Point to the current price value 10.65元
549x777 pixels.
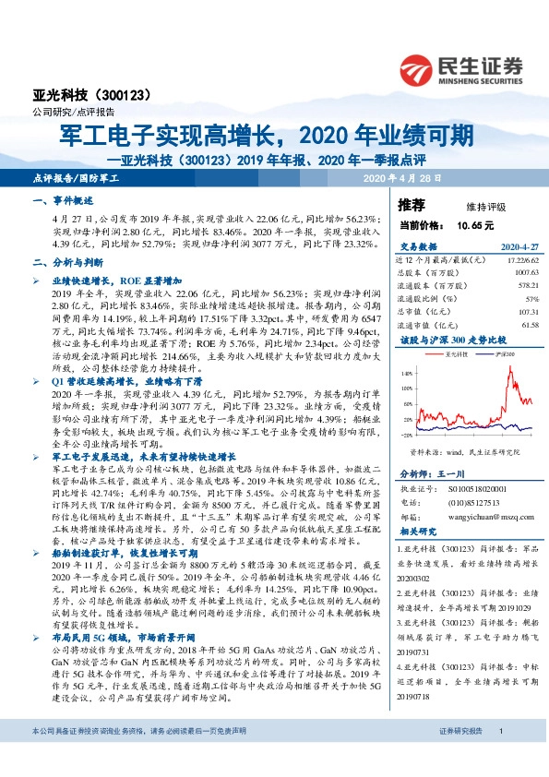(x=474, y=224)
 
